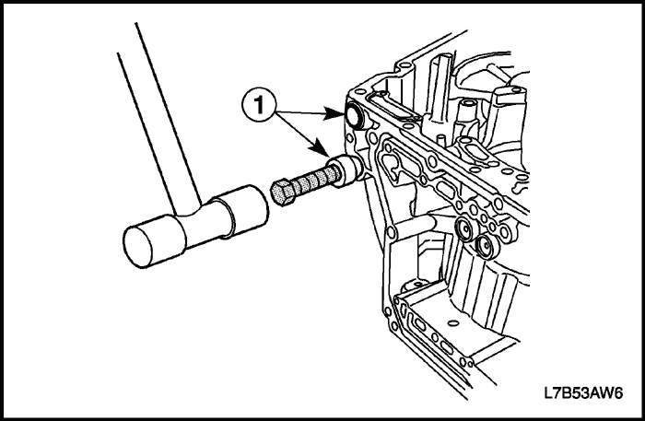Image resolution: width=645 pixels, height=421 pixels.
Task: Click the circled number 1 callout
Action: (x=258, y=104)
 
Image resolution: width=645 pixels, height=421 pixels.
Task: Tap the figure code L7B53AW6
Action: (x=583, y=393)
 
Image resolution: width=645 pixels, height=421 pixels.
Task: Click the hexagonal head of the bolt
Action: (x=283, y=192)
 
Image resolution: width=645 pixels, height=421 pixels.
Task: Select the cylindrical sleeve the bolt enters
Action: (x=346, y=171)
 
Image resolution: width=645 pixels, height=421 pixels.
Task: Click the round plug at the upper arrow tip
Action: (x=354, y=114)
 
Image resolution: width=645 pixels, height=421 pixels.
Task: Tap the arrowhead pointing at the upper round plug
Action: (x=334, y=113)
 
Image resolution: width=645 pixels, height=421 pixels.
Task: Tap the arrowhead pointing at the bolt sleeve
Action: (x=321, y=148)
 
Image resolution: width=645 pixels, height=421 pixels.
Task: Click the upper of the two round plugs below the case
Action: (x=464, y=229)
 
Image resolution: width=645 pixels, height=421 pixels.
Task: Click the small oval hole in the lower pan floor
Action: (x=452, y=323)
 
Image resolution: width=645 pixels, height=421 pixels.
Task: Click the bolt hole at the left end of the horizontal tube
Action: (x=391, y=234)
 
